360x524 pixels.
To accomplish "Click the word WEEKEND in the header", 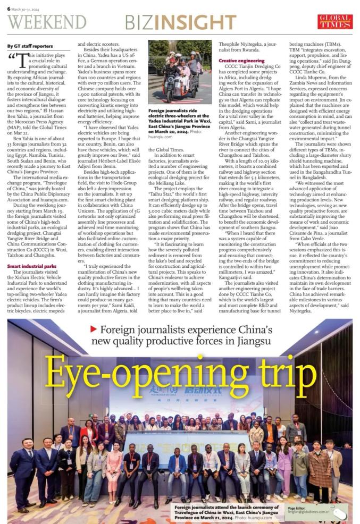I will pyautogui.click(x=47, y=22).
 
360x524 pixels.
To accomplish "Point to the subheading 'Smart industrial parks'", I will pyautogui.click(x=31, y=265).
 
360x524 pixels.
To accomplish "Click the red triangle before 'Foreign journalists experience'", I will pyautogui.click(x=93, y=329).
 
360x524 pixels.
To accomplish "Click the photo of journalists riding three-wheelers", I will pyautogui.click(x=179, y=71).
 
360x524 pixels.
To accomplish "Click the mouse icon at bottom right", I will pyautogui.click(x=341, y=513).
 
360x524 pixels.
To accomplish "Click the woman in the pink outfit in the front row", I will pyautogui.click(x=114, y=468).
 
